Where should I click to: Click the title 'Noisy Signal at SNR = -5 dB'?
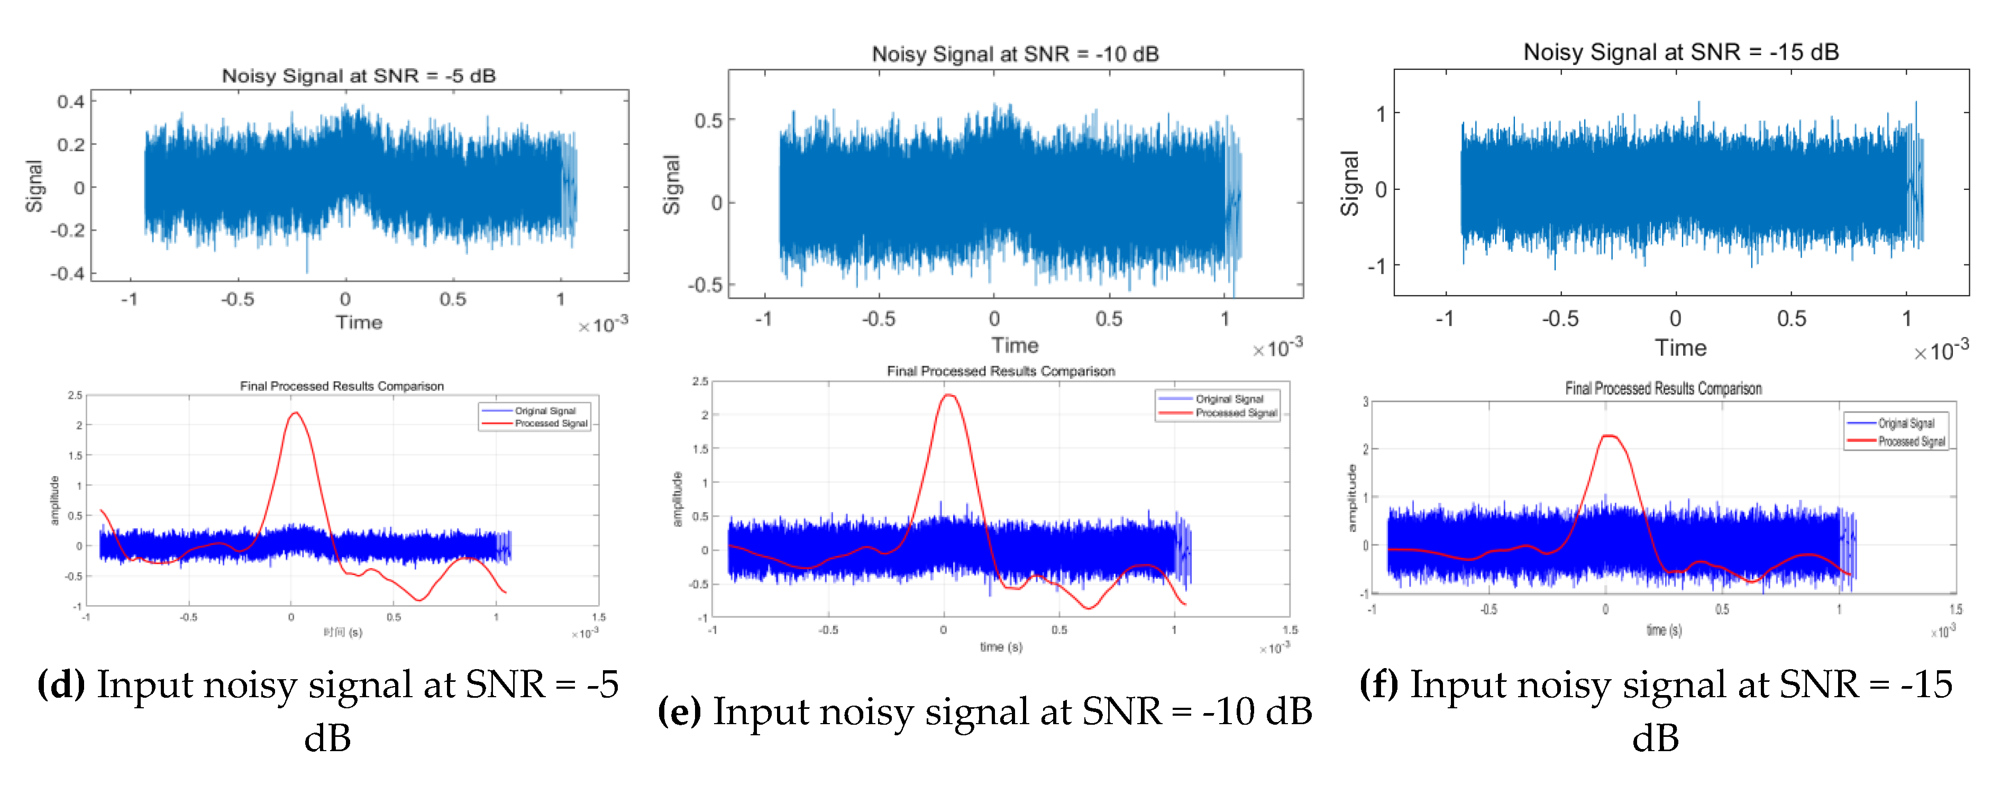click(x=358, y=76)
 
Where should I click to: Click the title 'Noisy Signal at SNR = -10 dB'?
click(x=1015, y=54)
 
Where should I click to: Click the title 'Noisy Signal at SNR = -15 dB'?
click(x=1680, y=52)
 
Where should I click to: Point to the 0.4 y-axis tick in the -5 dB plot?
click(x=70, y=102)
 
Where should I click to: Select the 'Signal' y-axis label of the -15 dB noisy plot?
click(x=1349, y=184)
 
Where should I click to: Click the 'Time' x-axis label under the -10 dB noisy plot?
click(x=1015, y=346)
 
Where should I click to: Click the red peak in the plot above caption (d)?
click(x=295, y=414)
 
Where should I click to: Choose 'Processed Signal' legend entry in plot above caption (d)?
click(x=551, y=424)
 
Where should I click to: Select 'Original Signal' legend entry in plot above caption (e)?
click(x=1229, y=399)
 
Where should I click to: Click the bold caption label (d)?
click(x=61, y=684)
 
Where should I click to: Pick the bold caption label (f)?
click(x=1379, y=684)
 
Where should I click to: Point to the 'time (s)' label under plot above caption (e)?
click(x=1001, y=646)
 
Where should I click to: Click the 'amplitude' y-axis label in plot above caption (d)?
click(x=54, y=500)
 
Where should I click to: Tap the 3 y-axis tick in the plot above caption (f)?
click(x=1366, y=402)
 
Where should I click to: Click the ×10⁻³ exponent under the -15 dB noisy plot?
click(x=1941, y=351)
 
